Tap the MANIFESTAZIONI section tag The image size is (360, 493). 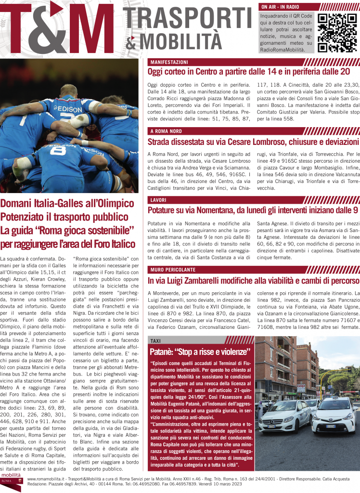coord(169,63)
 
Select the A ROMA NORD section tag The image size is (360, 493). coord(166,131)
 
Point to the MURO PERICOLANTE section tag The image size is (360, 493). coord(172,269)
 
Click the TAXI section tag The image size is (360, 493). coord(155,340)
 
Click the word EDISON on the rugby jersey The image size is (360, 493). coord(69,109)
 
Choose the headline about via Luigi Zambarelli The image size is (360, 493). coord(253,280)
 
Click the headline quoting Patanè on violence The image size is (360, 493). coord(201,351)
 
